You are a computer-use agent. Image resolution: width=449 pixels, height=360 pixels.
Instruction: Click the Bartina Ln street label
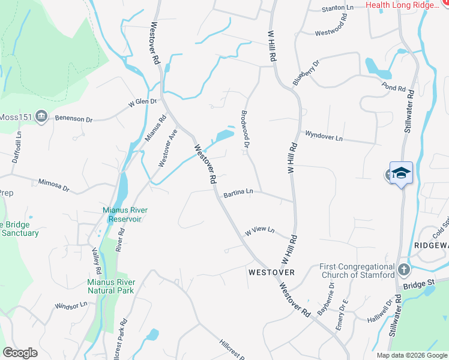click(238, 193)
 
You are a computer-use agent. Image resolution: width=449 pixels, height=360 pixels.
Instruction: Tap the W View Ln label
click(259, 230)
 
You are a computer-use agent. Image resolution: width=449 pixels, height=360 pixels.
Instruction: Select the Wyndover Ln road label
click(324, 136)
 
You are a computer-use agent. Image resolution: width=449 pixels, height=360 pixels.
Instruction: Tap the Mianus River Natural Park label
click(110, 286)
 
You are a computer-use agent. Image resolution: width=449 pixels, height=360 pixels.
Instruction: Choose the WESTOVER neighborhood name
click(271, 272)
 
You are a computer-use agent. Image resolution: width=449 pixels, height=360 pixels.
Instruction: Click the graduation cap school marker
click(401, 173)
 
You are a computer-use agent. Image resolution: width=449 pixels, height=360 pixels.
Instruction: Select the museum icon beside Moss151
click(41, 116)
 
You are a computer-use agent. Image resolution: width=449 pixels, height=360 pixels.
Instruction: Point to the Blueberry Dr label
click(306, 71)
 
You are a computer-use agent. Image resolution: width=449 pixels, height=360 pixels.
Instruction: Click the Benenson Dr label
click(74, 119)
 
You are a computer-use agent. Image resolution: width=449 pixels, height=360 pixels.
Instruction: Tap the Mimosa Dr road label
click(54, 184)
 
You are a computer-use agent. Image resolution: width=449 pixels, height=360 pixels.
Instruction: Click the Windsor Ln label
click(71, 305)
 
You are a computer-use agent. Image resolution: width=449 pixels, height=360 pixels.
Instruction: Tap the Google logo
click(20, 353)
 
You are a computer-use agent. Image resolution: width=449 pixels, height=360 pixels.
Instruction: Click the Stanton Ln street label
click(338, 8)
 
